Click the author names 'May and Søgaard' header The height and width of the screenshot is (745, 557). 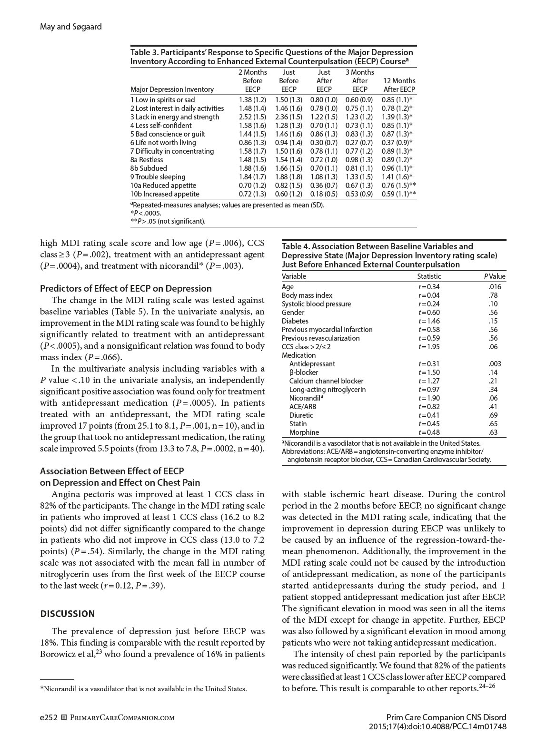[70, 27]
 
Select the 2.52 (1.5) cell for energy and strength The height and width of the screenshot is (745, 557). [252, 117]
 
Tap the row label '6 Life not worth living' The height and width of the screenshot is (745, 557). [163, 143]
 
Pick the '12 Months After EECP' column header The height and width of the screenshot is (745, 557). [399, 85]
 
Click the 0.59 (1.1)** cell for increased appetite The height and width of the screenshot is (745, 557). [398, 194]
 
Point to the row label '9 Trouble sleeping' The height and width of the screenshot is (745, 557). [158, 177]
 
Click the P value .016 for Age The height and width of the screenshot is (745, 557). [495, 287]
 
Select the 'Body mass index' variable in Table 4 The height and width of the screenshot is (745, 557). [307, 295]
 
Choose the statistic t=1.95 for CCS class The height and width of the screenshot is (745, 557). [429, 347]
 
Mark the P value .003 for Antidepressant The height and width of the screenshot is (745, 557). [495, 364]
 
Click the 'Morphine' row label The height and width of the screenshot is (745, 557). [304, 432]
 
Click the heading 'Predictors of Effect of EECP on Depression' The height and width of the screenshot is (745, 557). [126, 288]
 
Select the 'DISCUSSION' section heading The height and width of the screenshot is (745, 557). [68, 614]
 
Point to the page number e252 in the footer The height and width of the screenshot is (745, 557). [48, 717]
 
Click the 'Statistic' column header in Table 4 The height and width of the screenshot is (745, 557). [429, 276]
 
